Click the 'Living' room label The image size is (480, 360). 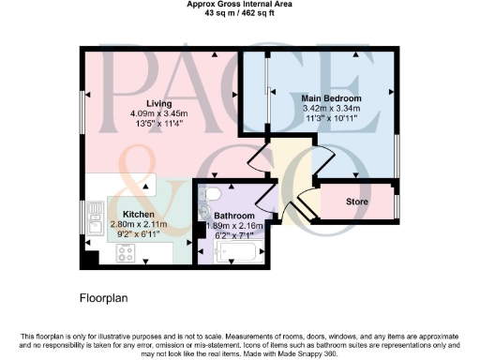(x=145, y=103)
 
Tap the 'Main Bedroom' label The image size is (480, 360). (x=332, y=97)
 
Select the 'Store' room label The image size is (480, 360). (x=357, y=202)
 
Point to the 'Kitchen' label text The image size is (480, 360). (x=126, y=214)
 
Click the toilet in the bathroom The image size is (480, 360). (x=212, y=194)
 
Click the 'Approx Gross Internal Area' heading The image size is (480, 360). (x=241, y=5)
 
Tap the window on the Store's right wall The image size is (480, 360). (x=397, y=202)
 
